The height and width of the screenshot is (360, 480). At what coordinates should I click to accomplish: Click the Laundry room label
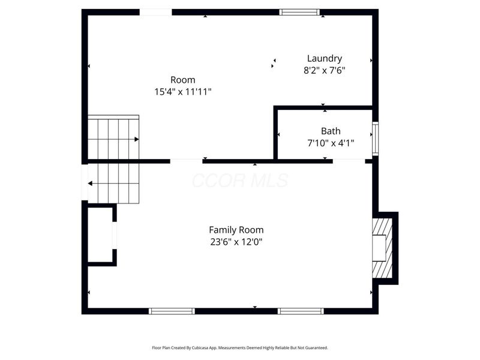[324, 58]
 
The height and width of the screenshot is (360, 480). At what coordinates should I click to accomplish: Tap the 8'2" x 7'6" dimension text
[324, 70]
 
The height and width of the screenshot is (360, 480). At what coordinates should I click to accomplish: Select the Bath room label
[331, 131]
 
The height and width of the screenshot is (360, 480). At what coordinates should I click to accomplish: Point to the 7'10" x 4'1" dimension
[331, 143]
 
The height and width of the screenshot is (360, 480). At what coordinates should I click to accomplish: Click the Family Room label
[236, 230]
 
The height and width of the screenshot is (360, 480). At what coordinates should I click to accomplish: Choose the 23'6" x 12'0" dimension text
[236, 242]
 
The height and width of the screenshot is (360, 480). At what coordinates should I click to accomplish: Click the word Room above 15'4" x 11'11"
[182, 80]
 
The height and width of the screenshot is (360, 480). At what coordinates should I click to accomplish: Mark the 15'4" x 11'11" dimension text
[182, 92]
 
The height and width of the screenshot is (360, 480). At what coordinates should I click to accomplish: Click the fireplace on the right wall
[382, 248]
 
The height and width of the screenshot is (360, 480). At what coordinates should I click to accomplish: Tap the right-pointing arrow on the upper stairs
[137, 139]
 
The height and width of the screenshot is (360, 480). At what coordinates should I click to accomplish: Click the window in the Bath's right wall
[376, 139]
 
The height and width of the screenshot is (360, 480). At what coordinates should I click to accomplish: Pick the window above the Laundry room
[300, 12]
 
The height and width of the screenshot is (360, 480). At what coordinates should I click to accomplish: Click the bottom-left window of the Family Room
[172, 311]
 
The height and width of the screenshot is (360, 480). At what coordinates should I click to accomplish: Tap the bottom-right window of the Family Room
[301, 311]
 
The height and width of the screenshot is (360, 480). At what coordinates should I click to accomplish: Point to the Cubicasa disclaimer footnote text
[240, 347]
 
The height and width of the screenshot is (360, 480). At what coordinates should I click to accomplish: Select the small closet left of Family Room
[100, 235]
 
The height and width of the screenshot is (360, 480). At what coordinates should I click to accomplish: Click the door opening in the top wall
[156, 12]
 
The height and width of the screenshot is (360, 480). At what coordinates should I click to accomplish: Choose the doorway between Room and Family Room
[186, 161]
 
